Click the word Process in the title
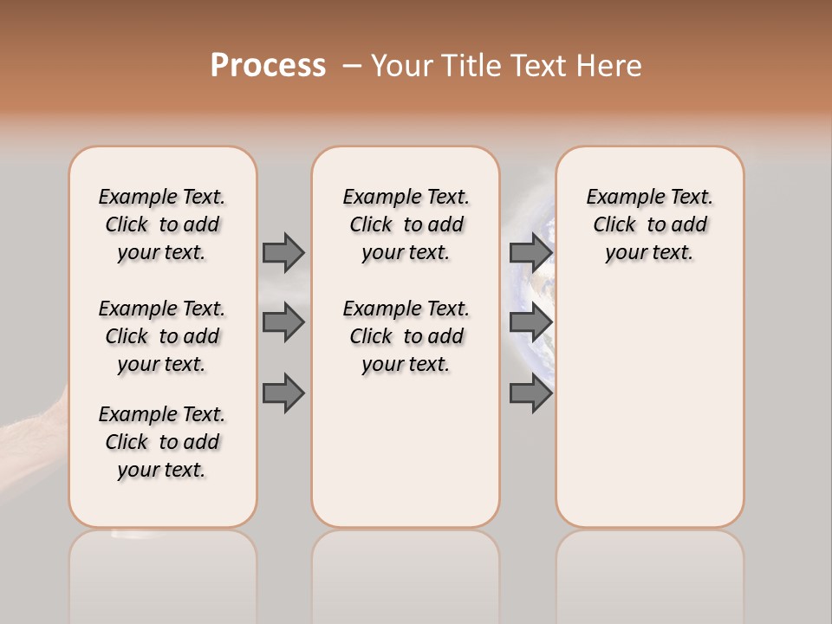pyautogui.click(x=268, y=66)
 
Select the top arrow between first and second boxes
pyautogui.click(x=283, y=252)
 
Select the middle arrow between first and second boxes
pyautogui.click(x=283, y=322)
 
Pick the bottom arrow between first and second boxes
pyautogui.click(x=283, y=393)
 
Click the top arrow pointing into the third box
pyautogui.click(x=530, y=252)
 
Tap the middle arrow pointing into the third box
pyautogui.click(x=530, y=322)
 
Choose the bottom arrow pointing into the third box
pyautogui.click(x=530, y=393)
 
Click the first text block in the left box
pyautogui.click(x=162, y=224)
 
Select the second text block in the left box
pyautogui.click(x=162, y=336)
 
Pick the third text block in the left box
pyautogui.click(x=162, y=442)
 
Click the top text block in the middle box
pyautogui.click(x=406, y=224)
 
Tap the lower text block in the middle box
pyautogui.click(x=406, y=336)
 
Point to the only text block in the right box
pyautogui.click(x=649, y=224)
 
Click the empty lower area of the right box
pyautogui.click(x=649, y=407)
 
